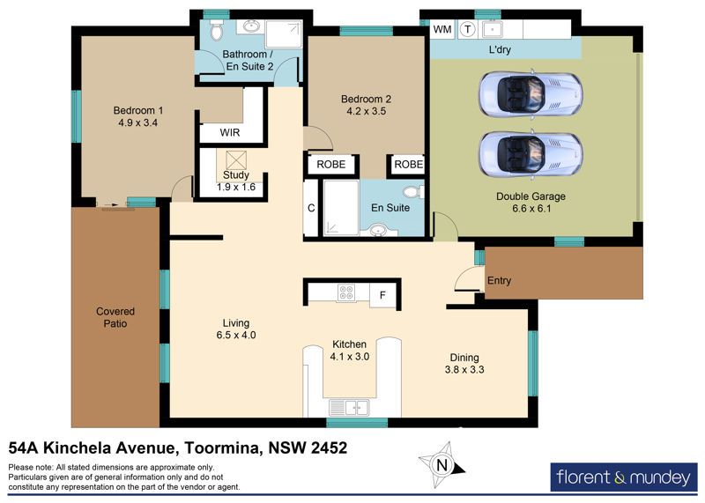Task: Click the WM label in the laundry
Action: click(x=442, y=30)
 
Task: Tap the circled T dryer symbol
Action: click(x=468, y=30)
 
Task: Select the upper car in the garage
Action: click(x=531, y=94)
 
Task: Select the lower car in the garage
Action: click(x=531, y=154)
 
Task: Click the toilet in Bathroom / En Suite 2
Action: click(x=216, y=30)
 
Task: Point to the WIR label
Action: click(x=230, y=133)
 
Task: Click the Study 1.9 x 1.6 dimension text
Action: click(x=236, y=187)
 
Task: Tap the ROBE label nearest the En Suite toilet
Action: click(x=408, y=165)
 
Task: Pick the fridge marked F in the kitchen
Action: click(x=383, y=295)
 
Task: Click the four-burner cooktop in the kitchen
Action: click(x=345, y=292)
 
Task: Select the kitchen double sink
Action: click(x=349, y=408)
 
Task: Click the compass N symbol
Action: click(x=442, y=465)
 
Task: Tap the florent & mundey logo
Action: click(x=624, y=477)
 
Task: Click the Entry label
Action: click(x=499, y=280)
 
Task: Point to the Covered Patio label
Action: click(x=115, y=317)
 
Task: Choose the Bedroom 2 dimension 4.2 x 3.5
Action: click(x=366, y=111)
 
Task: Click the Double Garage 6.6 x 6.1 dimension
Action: click(x=531, y=209)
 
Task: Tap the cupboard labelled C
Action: click(x=311, y=208)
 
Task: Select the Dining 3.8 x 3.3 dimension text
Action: click(x=464, y=369)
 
